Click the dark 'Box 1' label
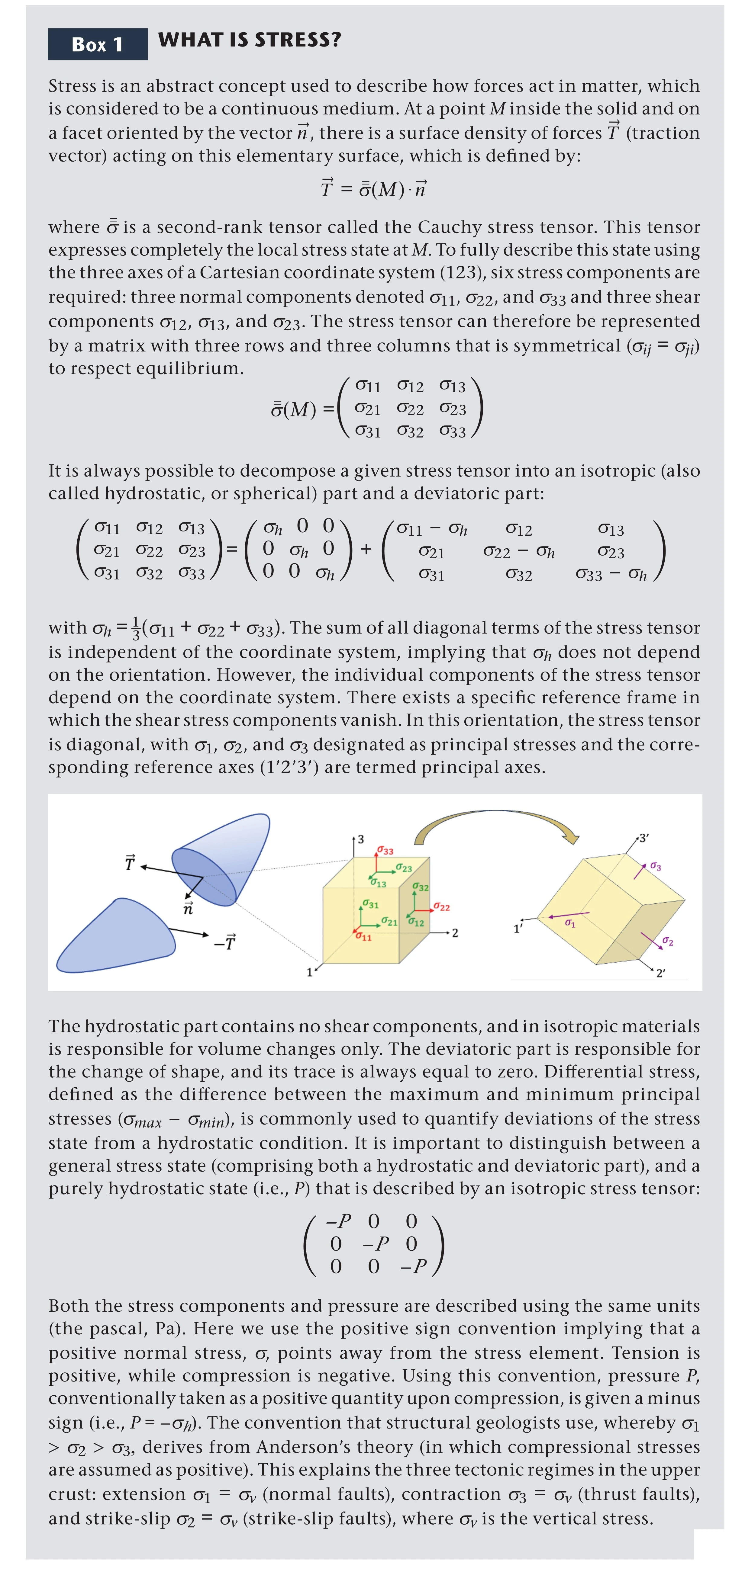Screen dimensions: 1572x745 point(98,44)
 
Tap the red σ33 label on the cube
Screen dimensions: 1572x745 point(385,850)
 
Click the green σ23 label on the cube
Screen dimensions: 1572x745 point(404,867)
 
